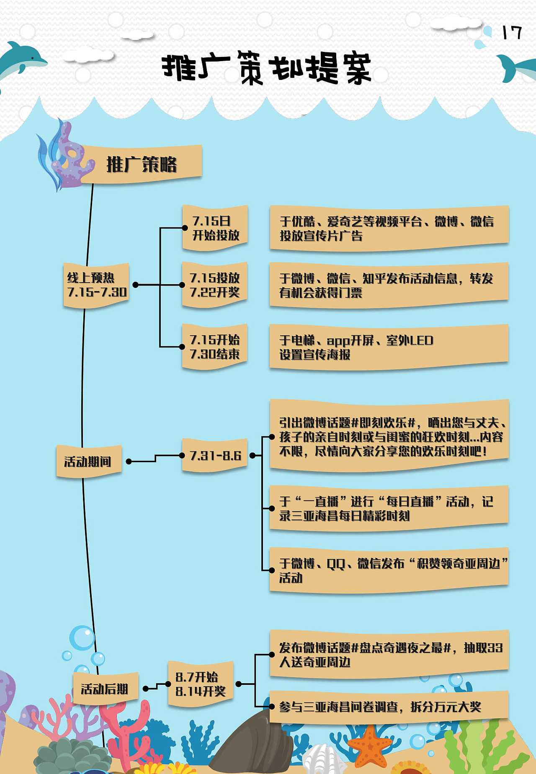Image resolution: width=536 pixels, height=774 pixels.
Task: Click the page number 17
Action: pyautogui.click(x=512, y=33)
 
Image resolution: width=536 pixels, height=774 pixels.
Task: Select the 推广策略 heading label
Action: pyautogui.click(x=142, y=164)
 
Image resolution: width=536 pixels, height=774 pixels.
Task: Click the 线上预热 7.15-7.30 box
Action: pyautogui.click(x=96, y=285)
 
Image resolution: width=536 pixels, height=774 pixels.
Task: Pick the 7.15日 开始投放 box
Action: pyautogui.click(x=215, y=228)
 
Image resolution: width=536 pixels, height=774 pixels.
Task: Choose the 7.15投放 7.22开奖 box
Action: pyautogui.click(x=214, y=285)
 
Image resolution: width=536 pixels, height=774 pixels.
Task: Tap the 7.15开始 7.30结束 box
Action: pyautogui.click(x=214, y=347)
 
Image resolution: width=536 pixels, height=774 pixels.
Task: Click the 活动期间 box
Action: pyautogui.click(x=88, y=462)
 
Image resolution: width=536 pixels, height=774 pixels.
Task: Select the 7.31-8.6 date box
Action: pyautogui.click(x=215, y=455)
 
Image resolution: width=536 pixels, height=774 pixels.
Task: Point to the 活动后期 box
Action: pyautogui.click(x=105, y=689)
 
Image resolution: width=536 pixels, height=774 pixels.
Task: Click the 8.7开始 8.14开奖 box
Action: pyautogui.click(x=200, y=684)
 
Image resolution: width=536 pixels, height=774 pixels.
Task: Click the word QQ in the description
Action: pyautogui.click(x=335, y=564)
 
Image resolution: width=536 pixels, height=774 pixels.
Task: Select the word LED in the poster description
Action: pyautogui.click(x=421, y=340)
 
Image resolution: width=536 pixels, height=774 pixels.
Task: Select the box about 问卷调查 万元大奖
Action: pyautogui.click(x=389, y=707)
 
